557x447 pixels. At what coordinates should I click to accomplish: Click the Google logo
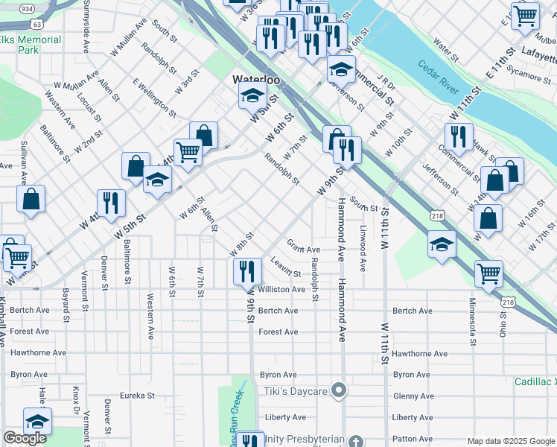pos(25,438)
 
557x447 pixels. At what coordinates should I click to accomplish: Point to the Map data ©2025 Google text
pos(510,441)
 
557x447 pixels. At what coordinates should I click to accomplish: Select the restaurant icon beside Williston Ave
pos(246,271)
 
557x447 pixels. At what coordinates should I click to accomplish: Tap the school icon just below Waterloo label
pos(252,96)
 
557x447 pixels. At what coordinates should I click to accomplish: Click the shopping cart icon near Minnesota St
pos(488,273)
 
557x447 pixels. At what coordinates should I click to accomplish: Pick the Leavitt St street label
pos(285,273)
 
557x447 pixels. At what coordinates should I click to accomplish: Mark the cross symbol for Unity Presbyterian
pos(356,440)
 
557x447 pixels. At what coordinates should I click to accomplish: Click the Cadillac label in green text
pos(535,381)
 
